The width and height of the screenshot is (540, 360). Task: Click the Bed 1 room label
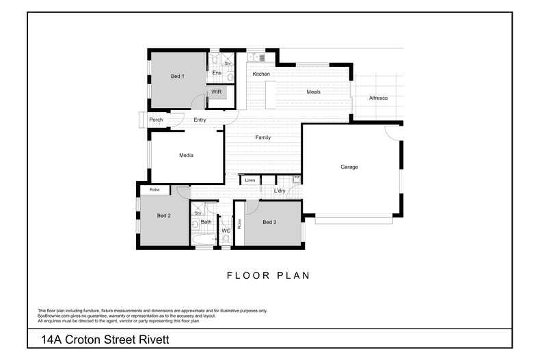pyautogui.click(x=177, y=76)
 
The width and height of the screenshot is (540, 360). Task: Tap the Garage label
pyautogui.click(x=349, y=167)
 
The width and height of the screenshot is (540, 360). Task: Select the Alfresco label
pyautogui.click(x=378, y=98)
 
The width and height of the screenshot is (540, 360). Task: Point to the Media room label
pyautogui.click(x=186, y=155)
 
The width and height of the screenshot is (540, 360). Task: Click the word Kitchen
pyautogui.click(x=261, y=74)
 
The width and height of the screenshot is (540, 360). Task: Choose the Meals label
pyautogui.click(x=313, y=92)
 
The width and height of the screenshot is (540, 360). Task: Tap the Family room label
pyautogui.click(x=262, y=137)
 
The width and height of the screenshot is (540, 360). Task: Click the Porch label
pyautogui.click(x=156, y=120)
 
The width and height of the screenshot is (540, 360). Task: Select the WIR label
pyautogui.click(x=216, y=92)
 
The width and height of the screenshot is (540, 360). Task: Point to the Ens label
pyautogui.click(x=216, y=72)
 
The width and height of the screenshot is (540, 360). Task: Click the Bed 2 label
pyautogui.click(x=164, y=216)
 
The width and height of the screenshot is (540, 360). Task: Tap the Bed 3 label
pyautogui.click(x=269, y=222)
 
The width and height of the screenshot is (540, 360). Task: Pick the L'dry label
pyautogui.click(x=279, y=191)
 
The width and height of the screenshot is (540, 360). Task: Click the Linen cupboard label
pyautogui.click(x=250, y=180)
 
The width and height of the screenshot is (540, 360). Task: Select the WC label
pyautogui.click(x=226, y=231)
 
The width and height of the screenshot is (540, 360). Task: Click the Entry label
pyautogui.click(x=200, y=120)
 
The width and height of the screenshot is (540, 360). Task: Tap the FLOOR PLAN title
pyautogui.click(x=268, y=276)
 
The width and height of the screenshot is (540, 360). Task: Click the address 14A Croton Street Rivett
pyautogui.click(x=104, y=339)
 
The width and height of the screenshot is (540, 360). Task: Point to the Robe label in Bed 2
pyautogui.click(x=154, y=189)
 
